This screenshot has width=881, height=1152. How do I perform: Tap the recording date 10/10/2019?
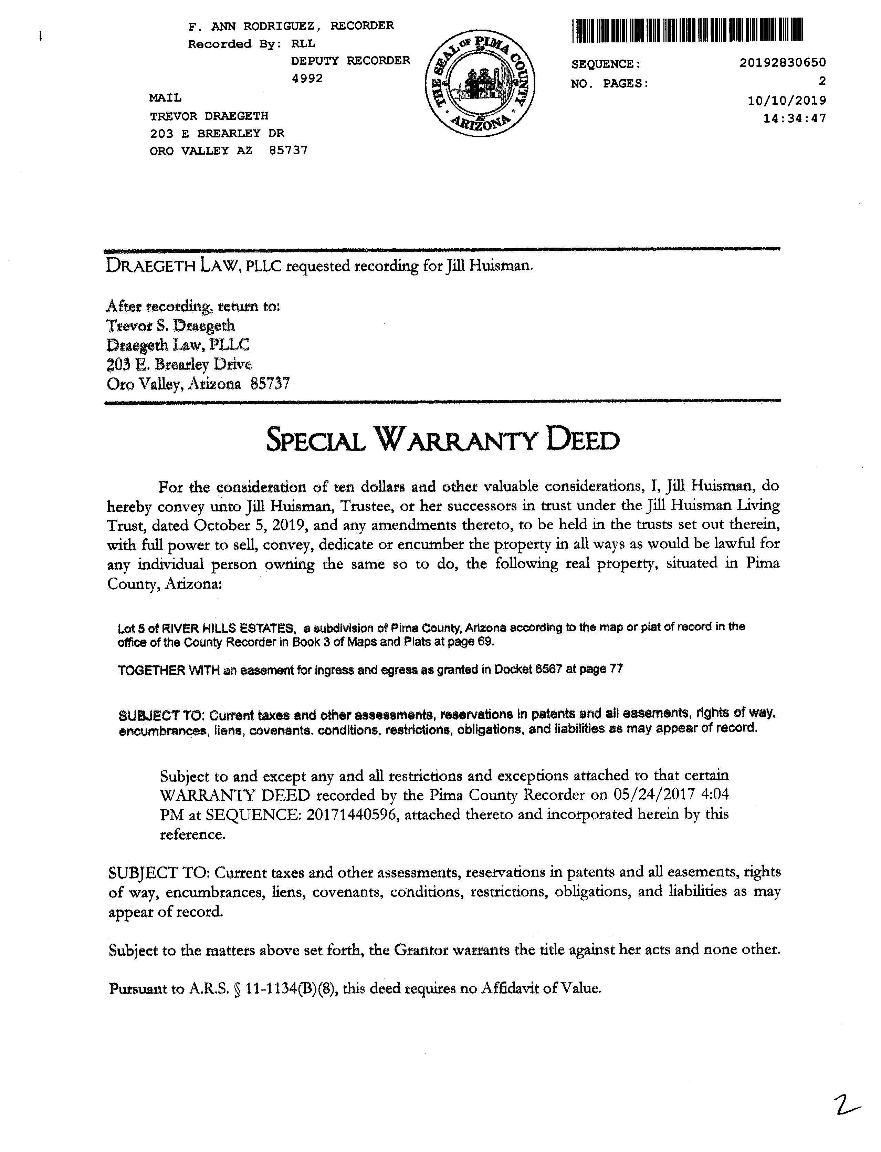click(787, 100)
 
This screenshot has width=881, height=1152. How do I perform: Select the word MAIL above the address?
click(165, 97)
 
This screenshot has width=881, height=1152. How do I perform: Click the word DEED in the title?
click(583, 441)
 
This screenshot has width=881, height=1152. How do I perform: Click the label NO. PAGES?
click(609, 83)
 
